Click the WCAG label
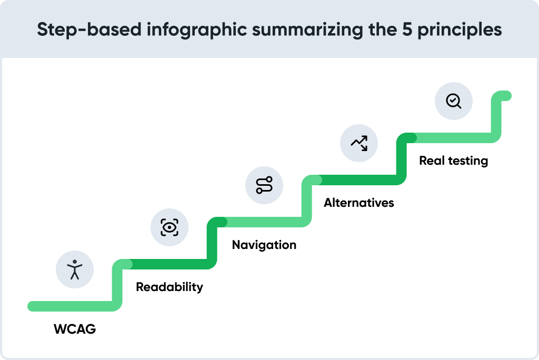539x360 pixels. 75,329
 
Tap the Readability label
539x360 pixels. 169,287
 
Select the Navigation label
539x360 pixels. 264,245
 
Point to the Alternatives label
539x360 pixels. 359,203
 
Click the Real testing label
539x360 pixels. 453,161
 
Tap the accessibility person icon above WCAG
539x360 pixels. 75,269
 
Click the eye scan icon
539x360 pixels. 169,227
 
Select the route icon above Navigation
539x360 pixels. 264,185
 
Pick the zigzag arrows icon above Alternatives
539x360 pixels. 359,143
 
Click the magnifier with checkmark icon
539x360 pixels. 454,101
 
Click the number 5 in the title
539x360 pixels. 407,29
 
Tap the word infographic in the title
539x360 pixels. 197,30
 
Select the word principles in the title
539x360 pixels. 460,30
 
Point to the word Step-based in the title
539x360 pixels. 89,30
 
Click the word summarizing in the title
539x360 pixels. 307,30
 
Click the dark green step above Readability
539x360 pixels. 170,264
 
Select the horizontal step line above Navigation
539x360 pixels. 265,222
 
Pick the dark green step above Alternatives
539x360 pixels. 359,180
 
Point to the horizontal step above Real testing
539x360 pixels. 454,138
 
